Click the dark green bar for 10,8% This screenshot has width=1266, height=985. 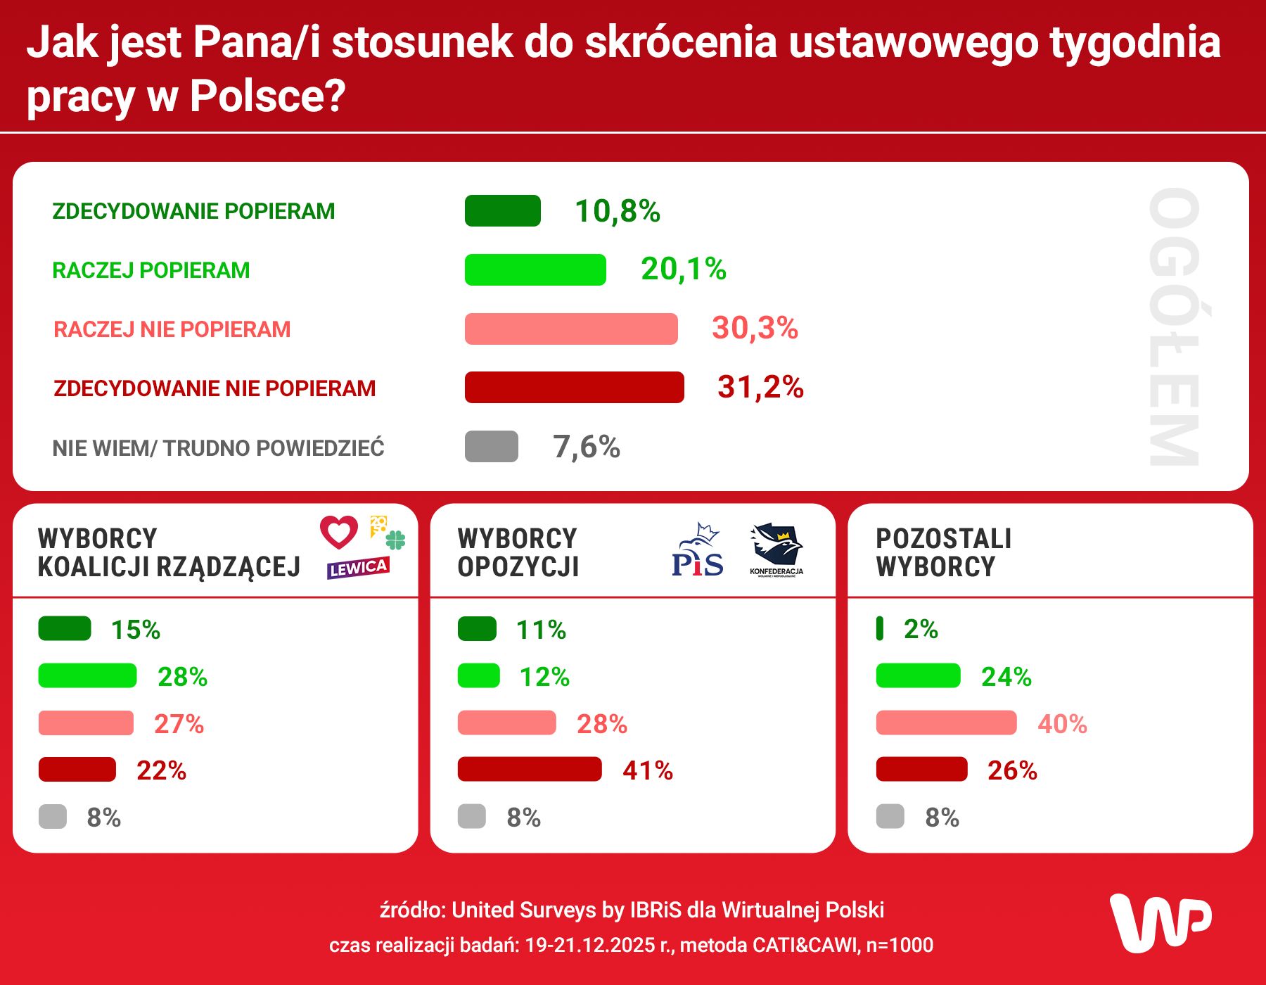pyautogui.click(x=502, y=211)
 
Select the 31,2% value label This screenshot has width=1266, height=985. pyautogui.click(x=760, y=387)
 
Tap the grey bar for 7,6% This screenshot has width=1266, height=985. pyautogui.click(x=491, y=447)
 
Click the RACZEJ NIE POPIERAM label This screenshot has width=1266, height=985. pyautogui.click(x=172, y=329)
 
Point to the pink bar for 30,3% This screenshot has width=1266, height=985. pyautogui.click(x=571, y=329)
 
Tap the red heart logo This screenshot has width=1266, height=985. pyautogui.click(x=339, y=532)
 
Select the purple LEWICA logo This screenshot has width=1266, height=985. pyautogui.click(x=357, y=568)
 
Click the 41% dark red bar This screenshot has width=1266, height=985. pyautogui.click(x=530, y=770)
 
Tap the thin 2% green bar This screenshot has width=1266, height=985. pyautogui.click(x=879, y=628)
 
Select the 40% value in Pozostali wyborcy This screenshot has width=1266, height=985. pyautogui.click(x=1062, y=723)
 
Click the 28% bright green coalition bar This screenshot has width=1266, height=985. pyautogui.click(x=87, y=676)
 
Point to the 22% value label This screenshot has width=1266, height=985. pyautogui.click(x=161, y=770)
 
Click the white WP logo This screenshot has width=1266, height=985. pyautogui.click(x=1160, y=923)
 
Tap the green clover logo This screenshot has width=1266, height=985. pyautogui.click(x=395, y=540)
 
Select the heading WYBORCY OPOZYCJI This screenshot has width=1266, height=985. pyautogui.click(x=517, y=552)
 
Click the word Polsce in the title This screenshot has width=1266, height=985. pyautogui.click(x=267, y=96)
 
